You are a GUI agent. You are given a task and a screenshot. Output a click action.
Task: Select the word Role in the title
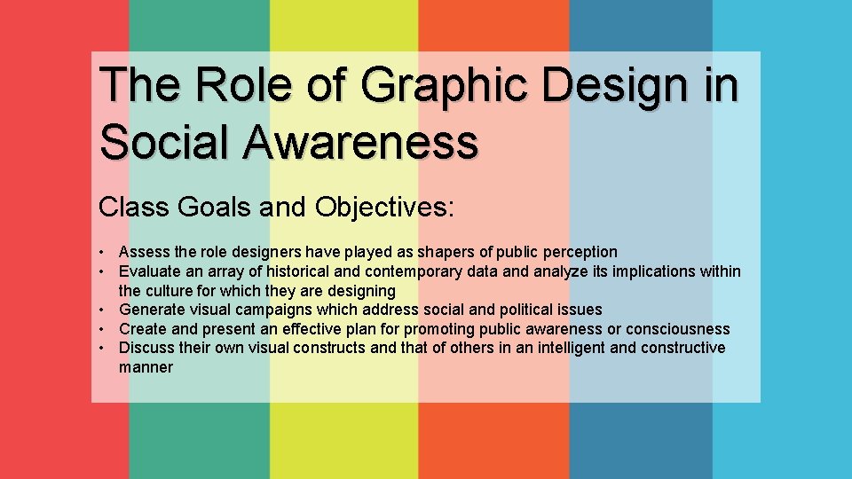click(x=237, y=85)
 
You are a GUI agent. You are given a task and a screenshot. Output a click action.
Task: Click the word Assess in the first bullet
click(x=142, y=252)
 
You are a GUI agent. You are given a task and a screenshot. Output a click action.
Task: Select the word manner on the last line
click(x=146, y=367)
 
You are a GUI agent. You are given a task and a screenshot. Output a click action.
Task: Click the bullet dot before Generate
click(x=104, y=310)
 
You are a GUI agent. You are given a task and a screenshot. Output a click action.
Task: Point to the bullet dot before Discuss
click(x=104, y=349)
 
